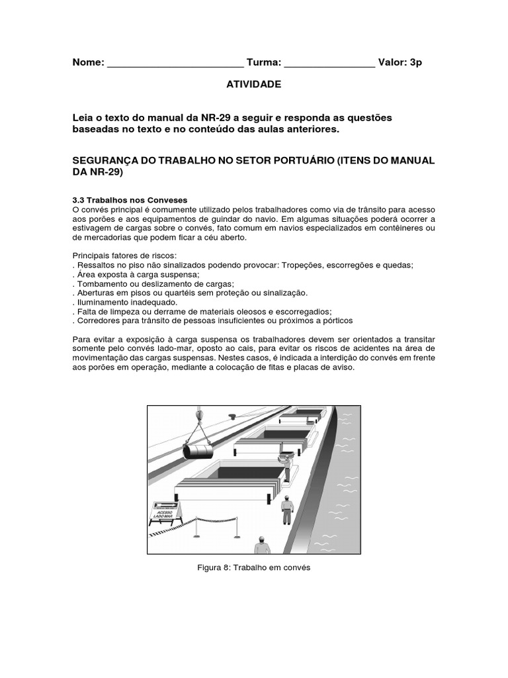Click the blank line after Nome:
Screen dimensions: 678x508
coord(175,64)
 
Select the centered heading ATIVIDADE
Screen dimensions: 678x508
coord(254,84)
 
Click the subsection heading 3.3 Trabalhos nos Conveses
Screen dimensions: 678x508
coord(130,200)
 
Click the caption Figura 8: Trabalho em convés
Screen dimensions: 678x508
coord(254,567)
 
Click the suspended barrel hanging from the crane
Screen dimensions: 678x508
coord(197,451)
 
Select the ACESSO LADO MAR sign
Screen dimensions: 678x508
coord(163,513)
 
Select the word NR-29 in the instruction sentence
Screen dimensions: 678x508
coord(187,117)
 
